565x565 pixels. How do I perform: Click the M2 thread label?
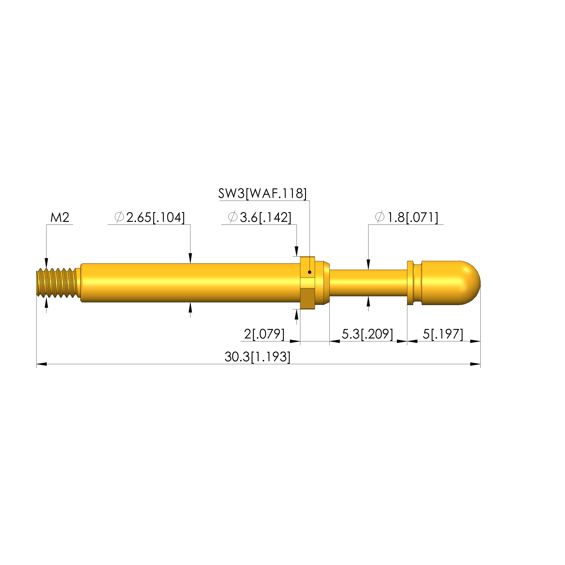pyautogui.click(x=60, y=218)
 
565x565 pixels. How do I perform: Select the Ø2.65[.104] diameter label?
pyautogui.click(x=149, y=218)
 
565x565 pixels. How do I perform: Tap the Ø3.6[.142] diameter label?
pyautogui.click(x=259, y=218)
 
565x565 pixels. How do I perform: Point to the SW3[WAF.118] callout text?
pyautogui.click(x=262, y=194)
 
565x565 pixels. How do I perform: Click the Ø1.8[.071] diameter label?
pyautogui.click(x=407, y=218)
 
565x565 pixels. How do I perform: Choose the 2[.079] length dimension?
pyautogui.click(x=264, y=334)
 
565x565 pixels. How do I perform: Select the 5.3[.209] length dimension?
pyautogui.click(x=367, y=334)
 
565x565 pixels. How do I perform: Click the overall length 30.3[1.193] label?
pyautogui.click(x=257, y=357)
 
